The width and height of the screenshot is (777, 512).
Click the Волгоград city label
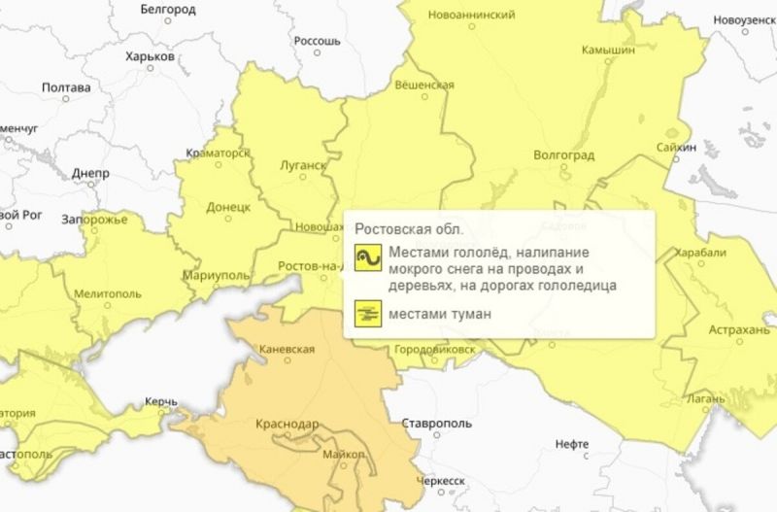point(563,154)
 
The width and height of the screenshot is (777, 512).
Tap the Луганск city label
point(303,165)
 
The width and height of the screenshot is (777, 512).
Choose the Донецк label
point(229,207)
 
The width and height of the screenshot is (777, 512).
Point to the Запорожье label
point(94,220)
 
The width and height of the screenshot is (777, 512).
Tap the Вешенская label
point(425,85)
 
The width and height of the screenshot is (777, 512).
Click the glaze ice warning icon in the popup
point(367,258)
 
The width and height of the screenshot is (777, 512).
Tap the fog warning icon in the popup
point(367,314)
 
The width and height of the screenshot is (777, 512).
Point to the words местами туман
point(437,314)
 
